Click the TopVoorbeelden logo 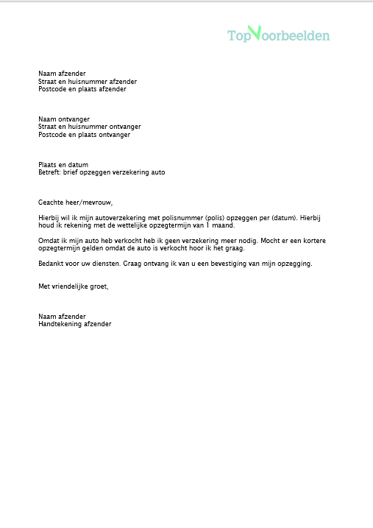click(x=279, y=35)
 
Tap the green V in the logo click(x=255, y=32)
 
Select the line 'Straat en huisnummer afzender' click(x=88, y=82)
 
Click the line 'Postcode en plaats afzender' click(x=82, y=89)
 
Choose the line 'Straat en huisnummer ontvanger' click(x=90, y=127)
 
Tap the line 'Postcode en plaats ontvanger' click(x=85, y=135)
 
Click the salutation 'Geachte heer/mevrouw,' click(x=76, y=203)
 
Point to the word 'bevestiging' click(x=236, y=264)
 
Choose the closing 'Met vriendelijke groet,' click(x=74, y=286)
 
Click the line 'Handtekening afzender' click(x=75, y=324)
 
